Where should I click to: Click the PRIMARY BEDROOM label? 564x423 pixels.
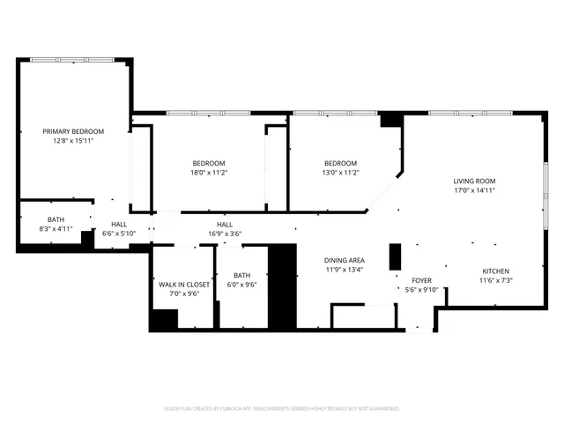73,131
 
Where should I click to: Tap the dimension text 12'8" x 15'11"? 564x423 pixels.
73,140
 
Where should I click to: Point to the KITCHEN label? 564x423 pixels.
495,271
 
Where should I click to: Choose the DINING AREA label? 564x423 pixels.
345,261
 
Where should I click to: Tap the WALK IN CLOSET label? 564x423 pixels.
184,285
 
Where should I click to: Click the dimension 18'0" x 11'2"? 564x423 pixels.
209,173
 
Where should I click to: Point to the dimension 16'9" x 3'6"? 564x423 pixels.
225,234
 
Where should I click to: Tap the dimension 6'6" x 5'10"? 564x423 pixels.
119,234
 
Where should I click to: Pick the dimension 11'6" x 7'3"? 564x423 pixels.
495,280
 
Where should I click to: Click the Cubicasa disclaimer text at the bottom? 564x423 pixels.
282,408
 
